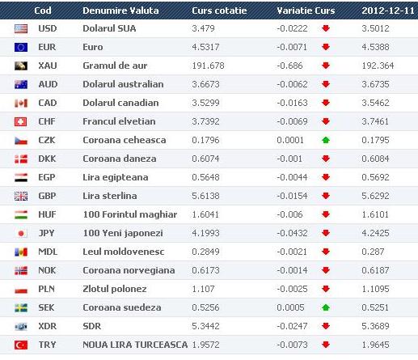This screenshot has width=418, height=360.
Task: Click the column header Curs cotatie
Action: tap(219, 11)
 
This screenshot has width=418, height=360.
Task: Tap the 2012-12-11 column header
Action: tap(388, 11)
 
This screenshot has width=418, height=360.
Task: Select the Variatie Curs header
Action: tap(306, 11)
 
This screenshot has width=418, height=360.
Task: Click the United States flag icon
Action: tap(21, 28)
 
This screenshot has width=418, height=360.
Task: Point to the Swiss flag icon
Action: tap(21, 121)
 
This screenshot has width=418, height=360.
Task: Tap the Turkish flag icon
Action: tap(21, 345)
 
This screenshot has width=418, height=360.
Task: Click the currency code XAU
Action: tap(48, 66)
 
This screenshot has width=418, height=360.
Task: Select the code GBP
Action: tap(47, 196)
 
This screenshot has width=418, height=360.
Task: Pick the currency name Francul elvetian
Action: tap(119, 121)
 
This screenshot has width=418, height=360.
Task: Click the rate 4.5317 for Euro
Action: tap(205, 47)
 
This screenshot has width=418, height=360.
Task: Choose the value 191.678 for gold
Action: tap(208, 66)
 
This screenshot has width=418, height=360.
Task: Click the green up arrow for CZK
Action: tap(326, 140)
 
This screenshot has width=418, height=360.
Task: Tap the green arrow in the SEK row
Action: tap(326, 307)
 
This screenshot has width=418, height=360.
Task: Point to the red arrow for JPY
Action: tap(326, 233)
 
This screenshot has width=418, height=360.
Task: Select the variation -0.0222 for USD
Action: tap(292, 28)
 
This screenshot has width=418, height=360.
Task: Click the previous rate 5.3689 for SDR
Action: tap(375, 326)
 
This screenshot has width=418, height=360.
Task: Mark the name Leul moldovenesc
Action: tap(123, 252)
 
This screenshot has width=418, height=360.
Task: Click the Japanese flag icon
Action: tap(21, 233)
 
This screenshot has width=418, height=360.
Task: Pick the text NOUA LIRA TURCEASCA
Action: tap(135, 345)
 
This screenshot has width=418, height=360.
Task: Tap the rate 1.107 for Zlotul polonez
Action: tap(203, 289)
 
